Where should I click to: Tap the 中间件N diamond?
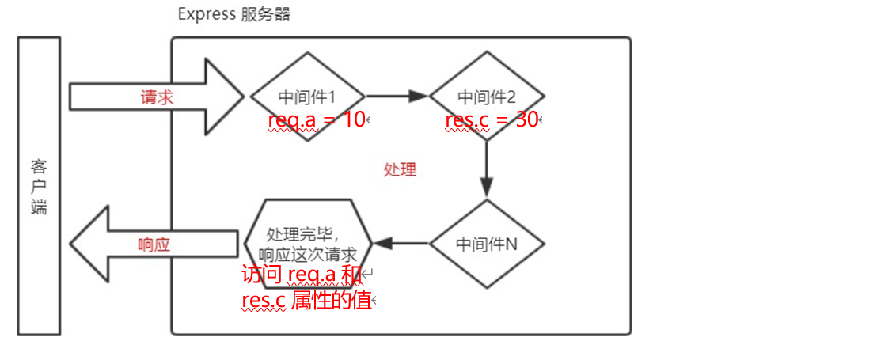click(x=487, y=243)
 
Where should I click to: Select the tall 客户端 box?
click(x=39, y=186)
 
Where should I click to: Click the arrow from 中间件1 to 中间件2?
click(x=397, y=97)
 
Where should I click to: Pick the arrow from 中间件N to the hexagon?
click(x=401, y=243)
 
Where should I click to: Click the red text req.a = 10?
click(x=317, y=120)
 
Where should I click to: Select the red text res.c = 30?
click(x=492, y=120)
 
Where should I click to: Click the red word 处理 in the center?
click(x=400, y=169)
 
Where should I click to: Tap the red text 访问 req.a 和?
click(x=302, y=275)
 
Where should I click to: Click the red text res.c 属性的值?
click(x=307, y=300)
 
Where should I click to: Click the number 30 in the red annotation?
click(x=528, y=120)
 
